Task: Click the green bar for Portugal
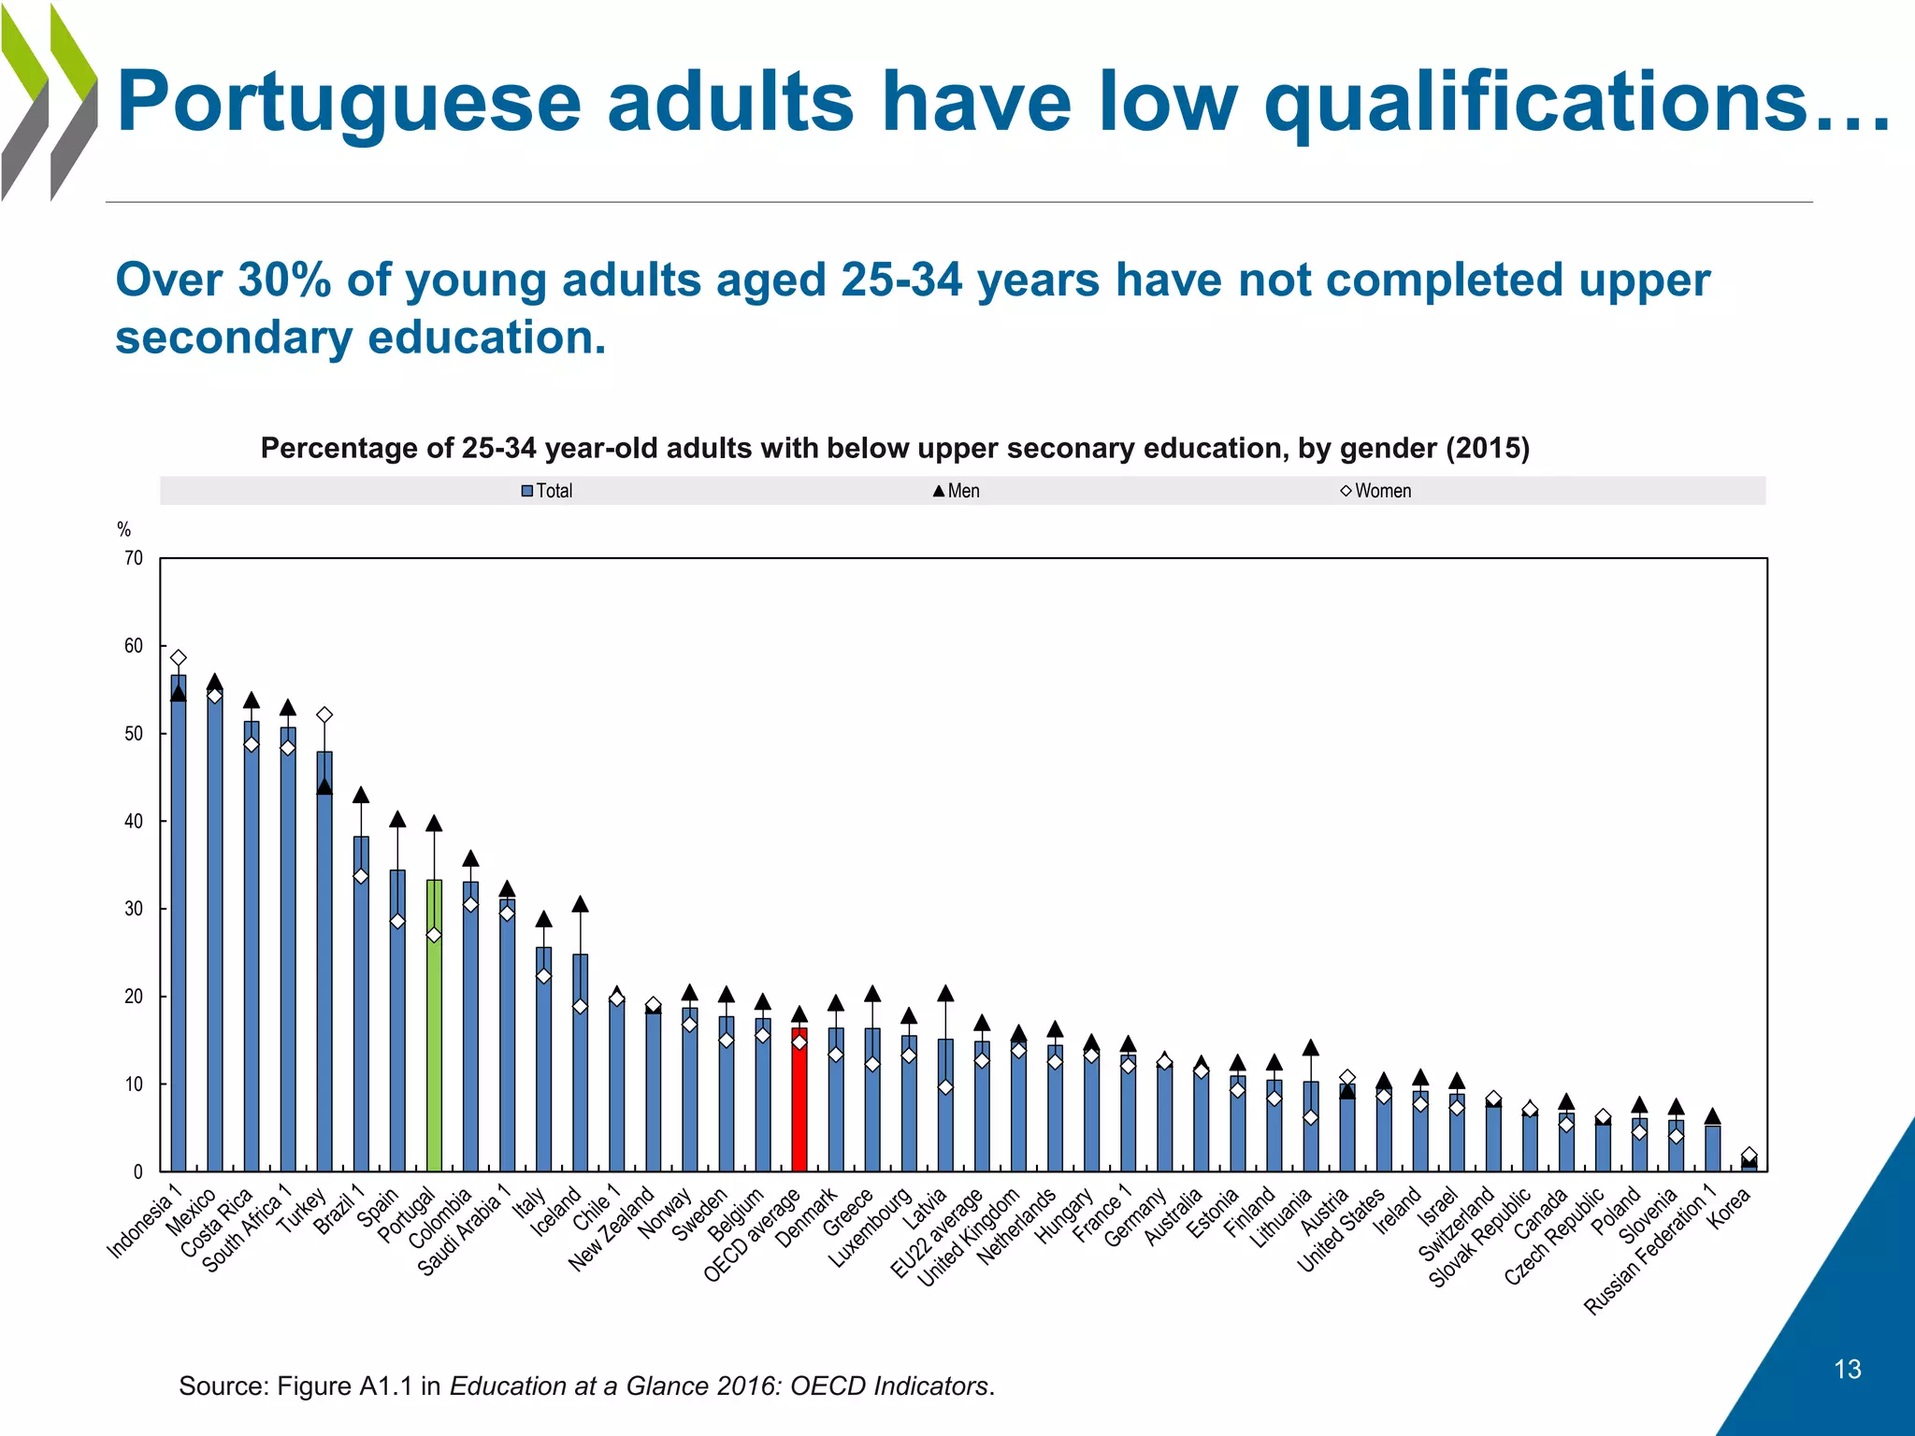[434, 1028]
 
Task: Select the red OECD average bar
[799, 1103]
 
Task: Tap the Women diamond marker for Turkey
[324, 715]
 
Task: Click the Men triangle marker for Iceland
[580, 904]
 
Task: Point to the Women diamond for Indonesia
[179, 658]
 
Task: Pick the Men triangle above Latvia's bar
[945, 994]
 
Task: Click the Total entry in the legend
[547, 491]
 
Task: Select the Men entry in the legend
[957, 491]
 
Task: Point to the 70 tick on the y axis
[134, 558]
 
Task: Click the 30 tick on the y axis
[134, 909]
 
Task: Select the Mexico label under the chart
[192, 1213]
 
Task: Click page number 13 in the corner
[1847, 1370]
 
